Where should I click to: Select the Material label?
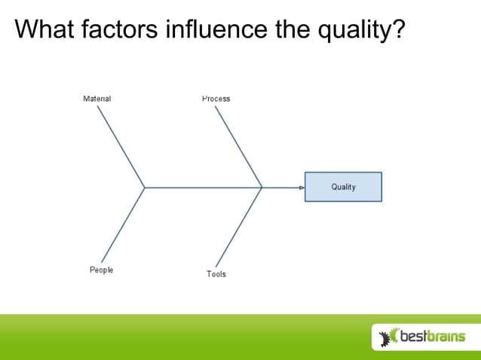97,99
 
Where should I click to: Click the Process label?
216,99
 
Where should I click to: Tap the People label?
101,270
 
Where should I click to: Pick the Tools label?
216,274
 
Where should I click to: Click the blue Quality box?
343,187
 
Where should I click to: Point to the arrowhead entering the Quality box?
301,187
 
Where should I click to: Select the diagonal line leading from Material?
121,146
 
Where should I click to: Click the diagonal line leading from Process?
238,146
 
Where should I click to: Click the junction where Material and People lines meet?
145,187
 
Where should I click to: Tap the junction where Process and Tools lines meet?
262,187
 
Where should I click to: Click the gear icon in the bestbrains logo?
389,337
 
